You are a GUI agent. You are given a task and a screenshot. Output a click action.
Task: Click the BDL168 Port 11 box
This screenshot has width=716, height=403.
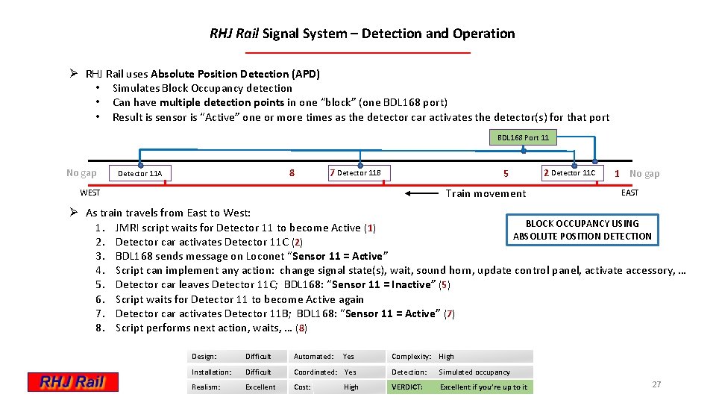coord(523,137)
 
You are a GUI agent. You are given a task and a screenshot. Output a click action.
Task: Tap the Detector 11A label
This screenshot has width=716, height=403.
coord(139,174)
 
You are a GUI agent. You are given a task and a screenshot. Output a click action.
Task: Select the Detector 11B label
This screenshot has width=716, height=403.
coord(359,173)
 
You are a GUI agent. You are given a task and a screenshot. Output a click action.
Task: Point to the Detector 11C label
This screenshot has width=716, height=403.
coord(573,173)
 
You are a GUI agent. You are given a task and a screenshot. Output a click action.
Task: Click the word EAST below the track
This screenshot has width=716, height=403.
coord(630,193)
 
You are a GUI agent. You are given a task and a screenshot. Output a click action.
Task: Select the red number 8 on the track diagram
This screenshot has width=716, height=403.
coord(292,173)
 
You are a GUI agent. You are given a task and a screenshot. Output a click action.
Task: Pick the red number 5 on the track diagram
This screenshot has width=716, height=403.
coord(506,174)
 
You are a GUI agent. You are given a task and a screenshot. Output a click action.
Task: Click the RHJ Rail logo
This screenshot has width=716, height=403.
coord(74,382)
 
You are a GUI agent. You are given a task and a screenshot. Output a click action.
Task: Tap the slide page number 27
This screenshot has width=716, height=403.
coord(656,384)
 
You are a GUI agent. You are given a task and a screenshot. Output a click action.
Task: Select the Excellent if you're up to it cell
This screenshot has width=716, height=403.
coord(483,387)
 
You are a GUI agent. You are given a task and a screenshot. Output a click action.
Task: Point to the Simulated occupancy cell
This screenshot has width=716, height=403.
coord(474,372)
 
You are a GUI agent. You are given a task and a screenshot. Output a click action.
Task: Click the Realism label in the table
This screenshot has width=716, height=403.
coord(207,387)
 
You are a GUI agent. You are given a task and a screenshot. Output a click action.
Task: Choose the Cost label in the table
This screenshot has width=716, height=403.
coord(302,387)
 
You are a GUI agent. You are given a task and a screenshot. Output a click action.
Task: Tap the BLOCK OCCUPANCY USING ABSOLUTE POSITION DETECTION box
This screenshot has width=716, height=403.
coord(582,230)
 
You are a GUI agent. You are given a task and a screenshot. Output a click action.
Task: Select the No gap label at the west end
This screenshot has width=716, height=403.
coord(81,173)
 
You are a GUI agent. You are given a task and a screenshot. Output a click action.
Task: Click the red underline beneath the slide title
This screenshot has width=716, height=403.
coord(358,53)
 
